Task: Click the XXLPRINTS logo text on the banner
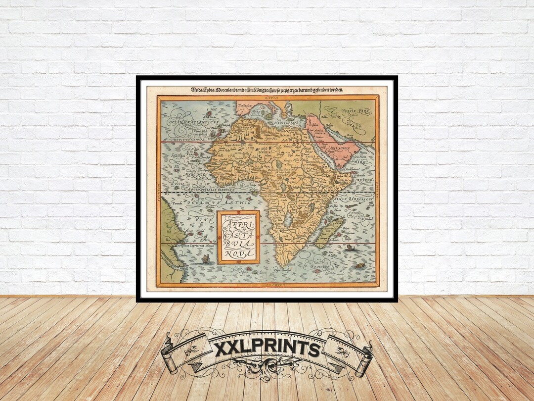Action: tap(267, 349)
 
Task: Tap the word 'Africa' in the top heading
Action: tap(199, 90)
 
